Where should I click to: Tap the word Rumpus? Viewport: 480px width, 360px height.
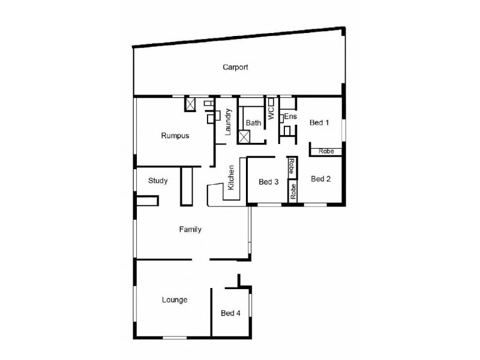pyautogui.click(x=175, y=136)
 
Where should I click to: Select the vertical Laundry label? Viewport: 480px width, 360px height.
pyautogui.click(x=229, y=122)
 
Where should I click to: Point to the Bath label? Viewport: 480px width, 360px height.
pyautogui.click(x=253, y=123)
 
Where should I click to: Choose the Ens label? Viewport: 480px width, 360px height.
pyautogui.click(x=290, y=116)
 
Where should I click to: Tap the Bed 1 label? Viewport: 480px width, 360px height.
pyautogui.click(x=319, y=123)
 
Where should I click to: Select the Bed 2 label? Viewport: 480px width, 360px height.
pyautogui.click(x=321, y=178)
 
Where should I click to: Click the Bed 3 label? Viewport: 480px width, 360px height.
pyautogui.click(x=268, y=182)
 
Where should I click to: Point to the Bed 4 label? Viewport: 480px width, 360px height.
pyautogui.click(x=230, y=313)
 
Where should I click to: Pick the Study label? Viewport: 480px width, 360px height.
pyautogui.click(x=158, y=180)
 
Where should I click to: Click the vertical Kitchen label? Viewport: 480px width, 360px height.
pyautogui.click(x=231, y=178)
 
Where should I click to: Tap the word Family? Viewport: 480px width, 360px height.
pyautogui.click(x=190, y=229)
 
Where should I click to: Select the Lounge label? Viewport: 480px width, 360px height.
pyautogui.click(x=174, y=299)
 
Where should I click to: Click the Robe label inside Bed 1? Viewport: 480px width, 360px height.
pyautogui.click(x=326, y=152)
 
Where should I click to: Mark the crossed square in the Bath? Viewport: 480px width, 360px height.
pyautogui.click(x=244, y=136)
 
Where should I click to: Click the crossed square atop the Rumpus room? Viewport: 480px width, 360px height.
pyautogui.click(x=191, y=104)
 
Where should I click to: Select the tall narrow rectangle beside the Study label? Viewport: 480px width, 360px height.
pyautogui.click(x=186, y=187)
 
